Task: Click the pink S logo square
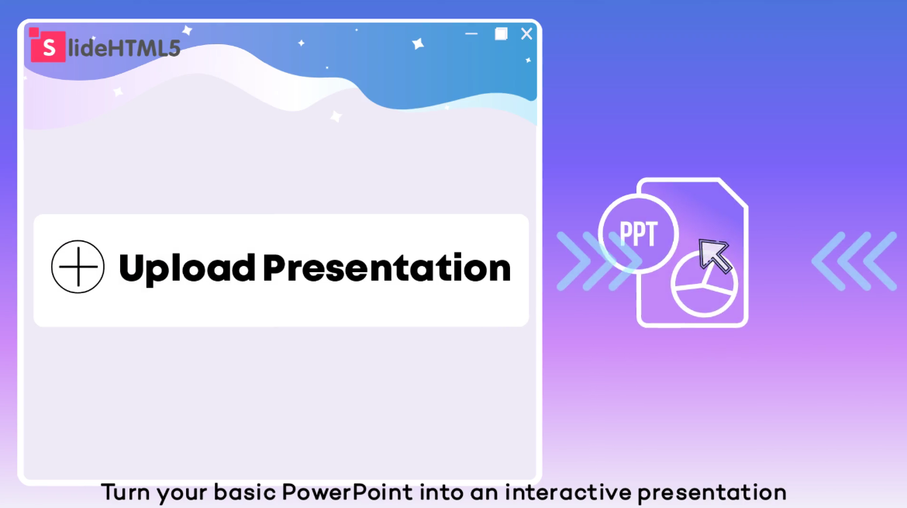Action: pos(47,47)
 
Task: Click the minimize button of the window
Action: pos(471,34)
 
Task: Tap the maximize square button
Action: pos(501,33)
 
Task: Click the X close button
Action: pos(526,33)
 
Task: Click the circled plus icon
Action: pos(78,267)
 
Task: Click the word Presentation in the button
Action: pos(387,268)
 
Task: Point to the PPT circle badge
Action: pos(638,233)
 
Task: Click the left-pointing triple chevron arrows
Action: pos(854,261)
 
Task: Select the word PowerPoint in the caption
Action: pos(347,492)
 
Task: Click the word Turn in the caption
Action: pos(125,492)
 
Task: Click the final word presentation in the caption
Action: pos(712,493)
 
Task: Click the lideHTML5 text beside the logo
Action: pos(124,48)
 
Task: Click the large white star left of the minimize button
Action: pos(418,43)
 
